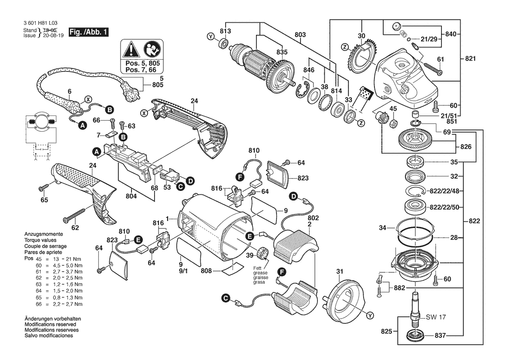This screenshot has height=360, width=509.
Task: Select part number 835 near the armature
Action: [x=282, y=52]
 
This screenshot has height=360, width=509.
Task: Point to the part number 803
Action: [x=300, y=34]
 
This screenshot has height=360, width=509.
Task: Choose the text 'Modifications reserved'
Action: [x=51, y=325]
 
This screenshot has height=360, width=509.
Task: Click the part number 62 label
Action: [x=75, y=228]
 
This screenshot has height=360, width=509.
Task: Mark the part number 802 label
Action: [x=313, y=217]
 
